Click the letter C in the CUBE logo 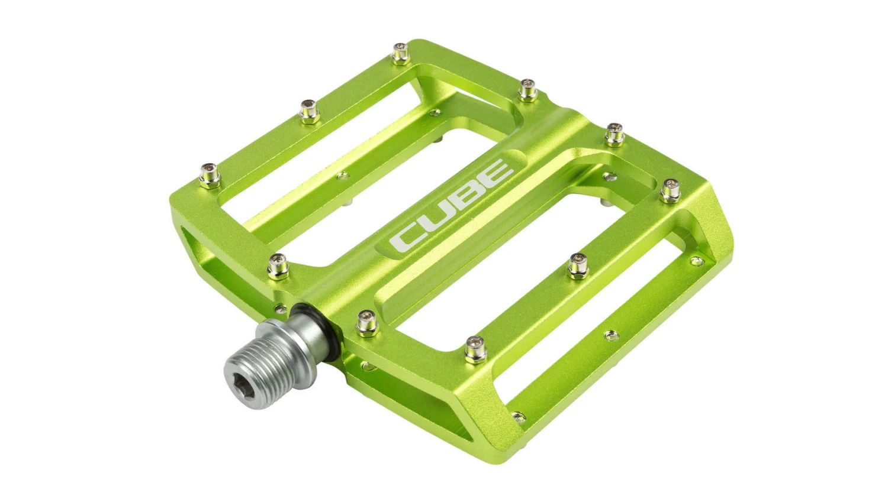click(x=406, y=237)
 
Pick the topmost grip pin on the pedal click(x=401, y=53)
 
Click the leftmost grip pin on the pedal click(x=210, y=175)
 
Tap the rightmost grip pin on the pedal click(x=670, y=190)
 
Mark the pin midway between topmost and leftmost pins click(x=309, y=111)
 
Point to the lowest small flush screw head click(x=518, y=417)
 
